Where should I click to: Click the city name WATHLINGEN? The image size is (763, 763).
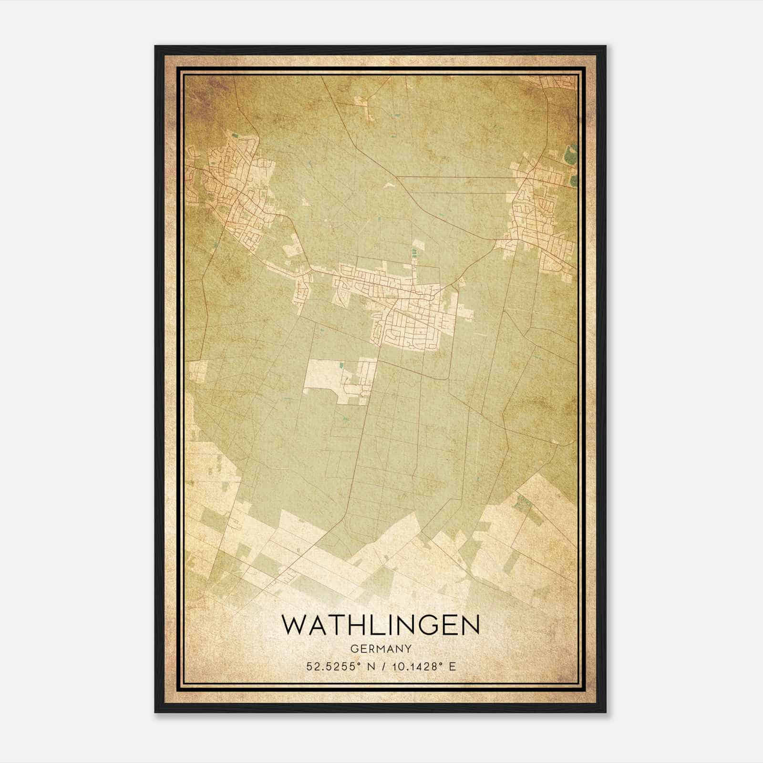381,625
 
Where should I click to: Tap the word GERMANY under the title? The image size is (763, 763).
381,649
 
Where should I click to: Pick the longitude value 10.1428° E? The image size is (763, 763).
422,666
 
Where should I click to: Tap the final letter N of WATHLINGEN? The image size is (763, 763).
469,625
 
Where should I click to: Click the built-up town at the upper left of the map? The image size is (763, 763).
229,191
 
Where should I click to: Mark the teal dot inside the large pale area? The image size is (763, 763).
341,366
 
